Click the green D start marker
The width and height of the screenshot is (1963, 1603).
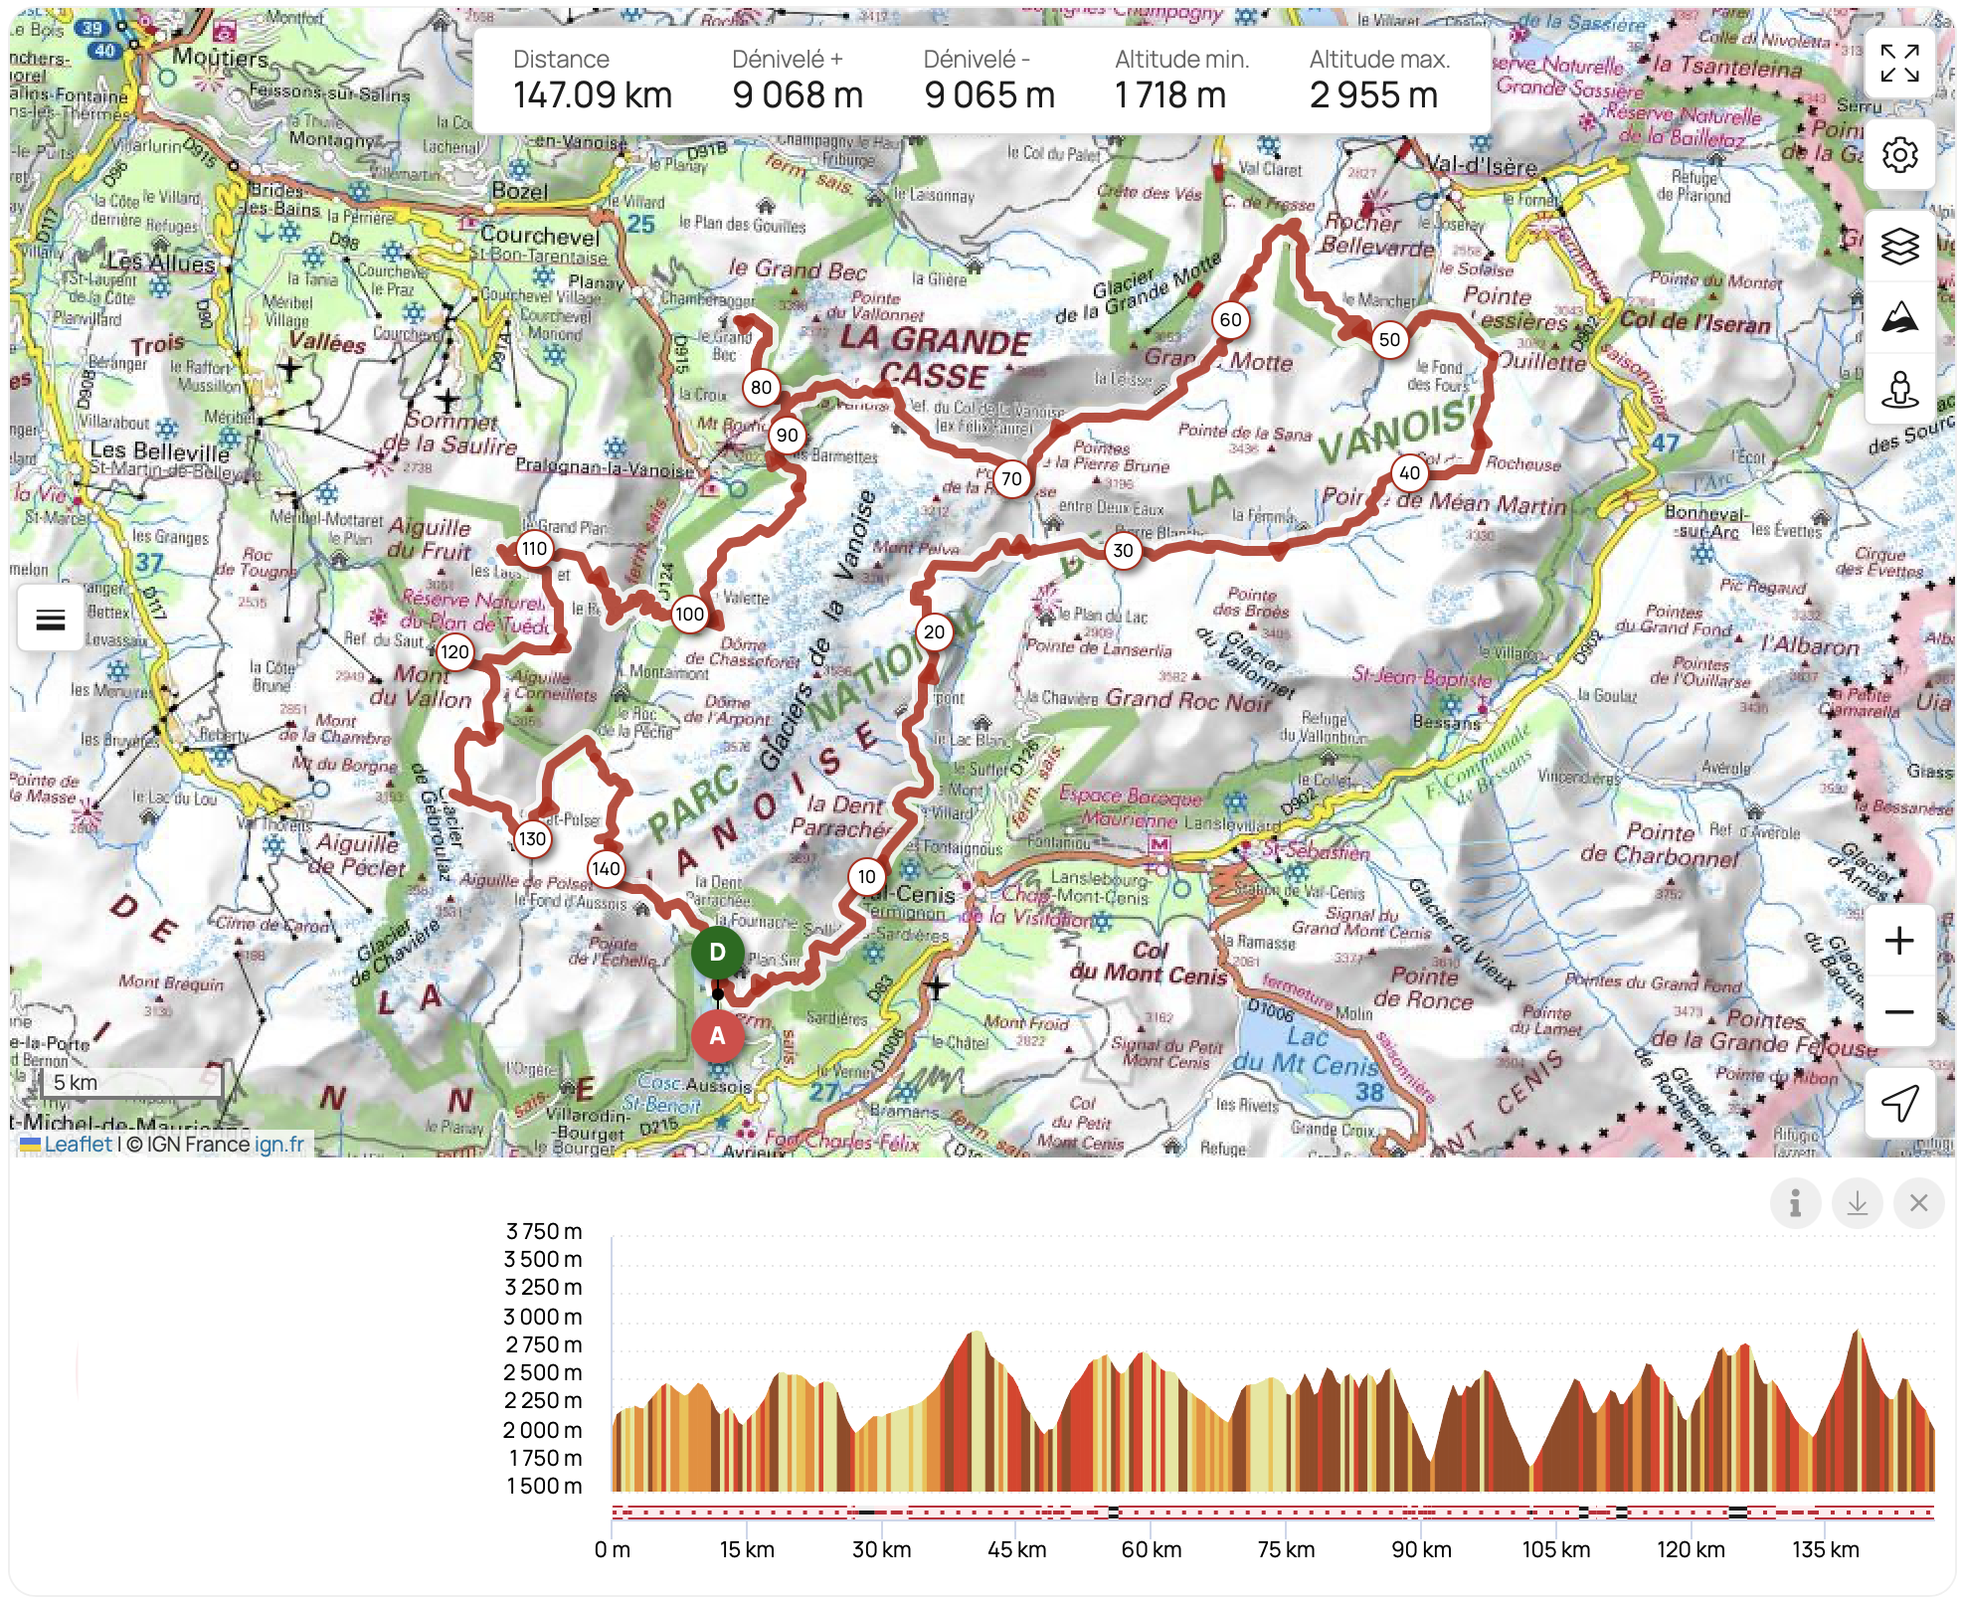pos(717,952)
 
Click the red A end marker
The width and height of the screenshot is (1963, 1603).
pos(717,1035)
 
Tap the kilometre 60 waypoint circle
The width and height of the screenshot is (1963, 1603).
pos(1230,319)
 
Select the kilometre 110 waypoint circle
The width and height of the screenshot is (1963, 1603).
pos(534,548)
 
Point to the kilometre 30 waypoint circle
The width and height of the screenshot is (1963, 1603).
pos(1123,550)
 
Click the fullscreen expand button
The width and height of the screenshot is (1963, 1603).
pos(1898,64)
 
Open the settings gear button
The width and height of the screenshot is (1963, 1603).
pos(1898,155)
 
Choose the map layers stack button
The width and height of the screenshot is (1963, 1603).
pos(1898,246)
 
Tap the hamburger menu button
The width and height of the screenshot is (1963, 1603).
pos(50,620)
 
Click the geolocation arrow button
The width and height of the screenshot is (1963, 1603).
pos(1898,1103)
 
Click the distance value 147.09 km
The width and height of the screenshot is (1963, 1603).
pos(593,95)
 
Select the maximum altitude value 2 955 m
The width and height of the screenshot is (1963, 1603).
pos(1373,95)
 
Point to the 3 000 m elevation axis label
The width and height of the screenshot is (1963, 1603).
pos(543,1317)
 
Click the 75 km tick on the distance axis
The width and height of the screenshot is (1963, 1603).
pos(1286,1549)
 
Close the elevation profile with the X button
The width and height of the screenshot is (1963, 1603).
pos(1918,1203)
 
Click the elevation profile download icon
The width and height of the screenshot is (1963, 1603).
pos(1857,1203)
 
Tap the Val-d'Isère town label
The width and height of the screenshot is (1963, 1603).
pos(1481,165)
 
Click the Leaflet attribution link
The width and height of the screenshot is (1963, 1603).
pos(78,1144)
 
